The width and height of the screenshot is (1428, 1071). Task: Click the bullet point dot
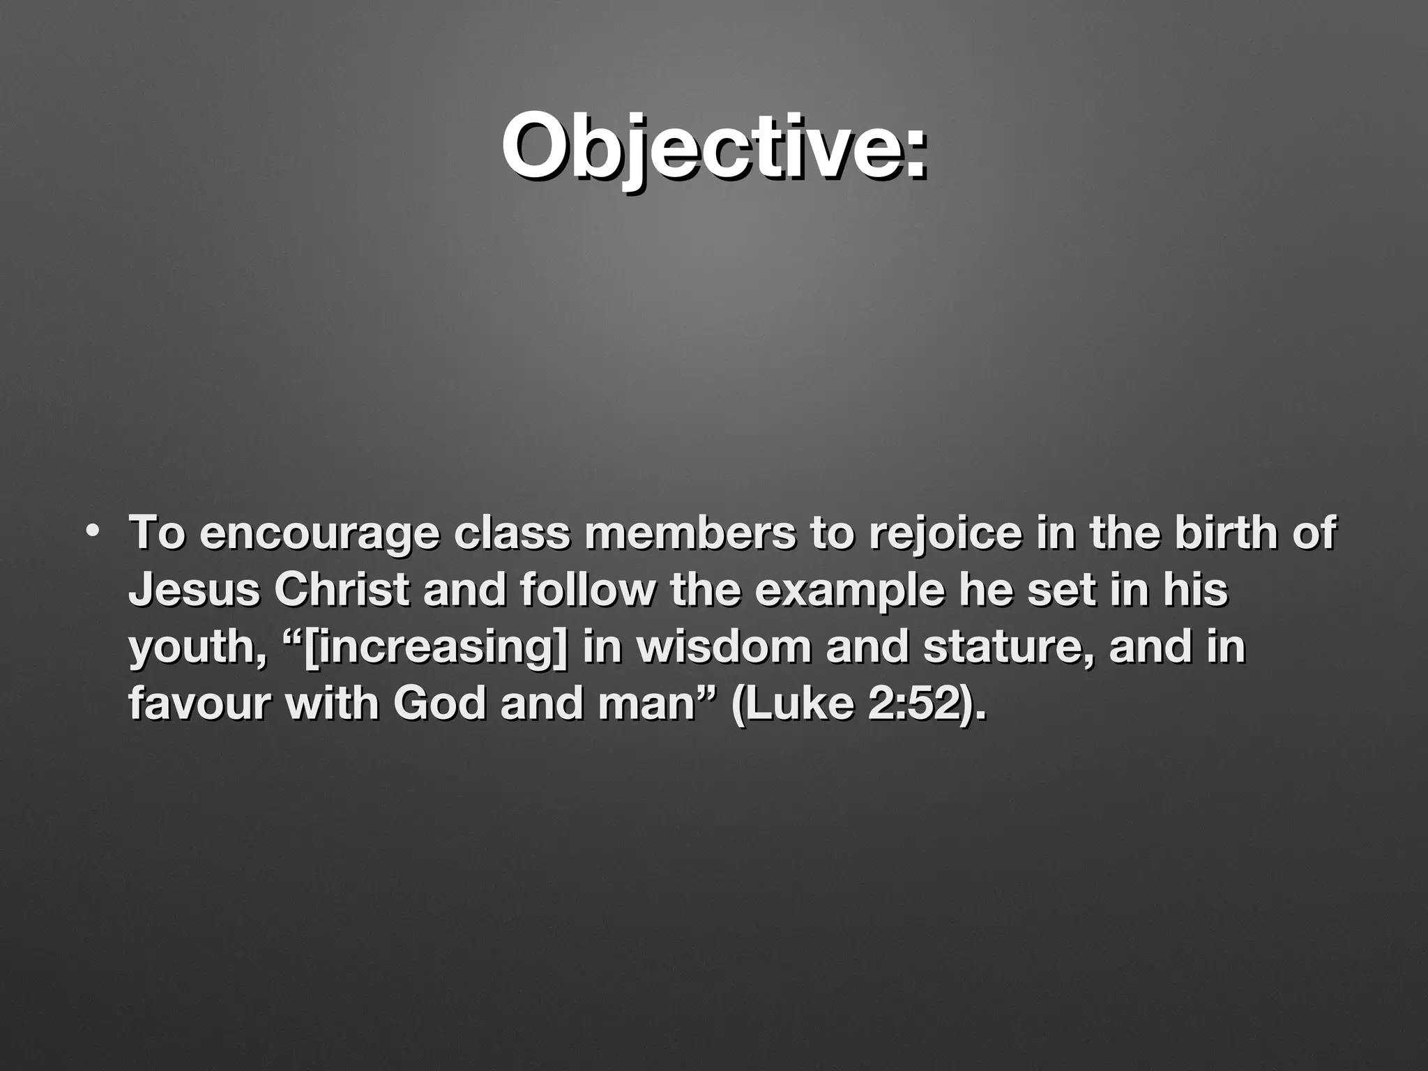(92, 532)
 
